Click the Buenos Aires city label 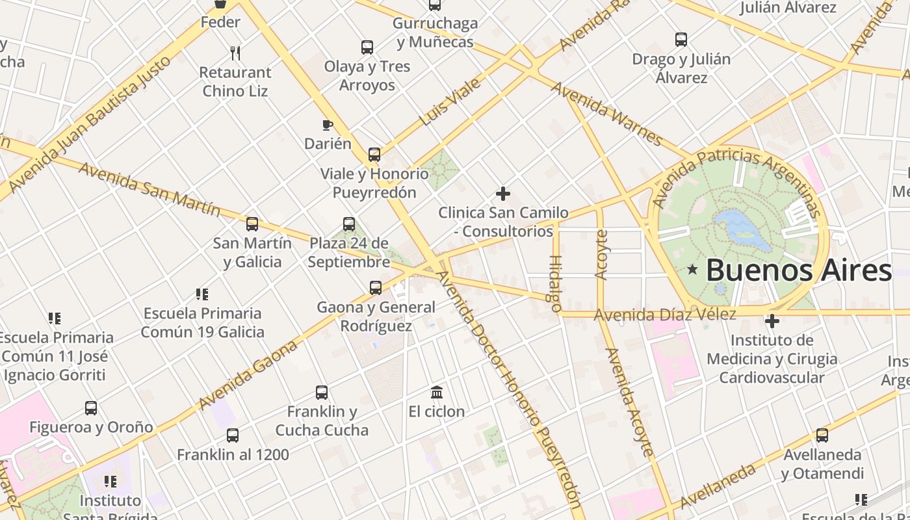coord(798,270)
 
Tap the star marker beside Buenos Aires coord(693,270)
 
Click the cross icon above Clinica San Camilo coord(502,194)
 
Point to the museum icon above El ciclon coord(437,392)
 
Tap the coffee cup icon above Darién coord(328,125)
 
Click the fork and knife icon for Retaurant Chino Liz coord(235,53)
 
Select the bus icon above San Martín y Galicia coord(252,224)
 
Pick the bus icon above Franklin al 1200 coord(233,435)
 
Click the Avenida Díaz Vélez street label coord(665,315)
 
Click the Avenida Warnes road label coord(606,113)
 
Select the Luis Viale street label coord(450,102)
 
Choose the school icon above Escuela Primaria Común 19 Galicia coord(202,294)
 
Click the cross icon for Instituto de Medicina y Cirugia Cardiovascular coord(772,321)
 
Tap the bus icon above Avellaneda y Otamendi coord(822,435)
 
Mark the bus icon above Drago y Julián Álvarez coord(681,40)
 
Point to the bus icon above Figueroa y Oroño coord(91,408)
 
